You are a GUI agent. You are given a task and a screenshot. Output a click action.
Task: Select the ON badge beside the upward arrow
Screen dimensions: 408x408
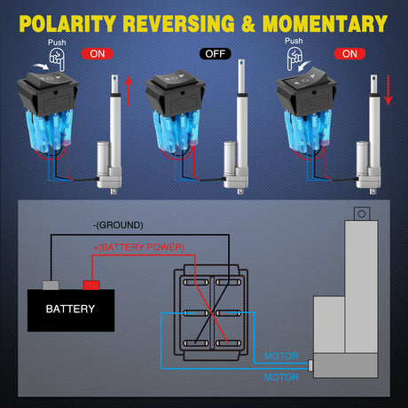pyautogui.click(x=97, y=53)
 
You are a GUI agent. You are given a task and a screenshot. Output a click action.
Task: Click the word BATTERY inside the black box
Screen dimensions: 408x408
pyautogui.click(x=71, y=310)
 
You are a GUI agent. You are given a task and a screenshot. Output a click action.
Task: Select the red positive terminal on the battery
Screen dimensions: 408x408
pyautogui.click(x=90, y=285)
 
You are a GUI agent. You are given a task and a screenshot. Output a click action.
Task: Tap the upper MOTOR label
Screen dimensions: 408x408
pyautogui.click(x=282, y=357)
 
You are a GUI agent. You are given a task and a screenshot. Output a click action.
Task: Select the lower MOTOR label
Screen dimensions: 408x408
pyautogui.click(x=282, y=377)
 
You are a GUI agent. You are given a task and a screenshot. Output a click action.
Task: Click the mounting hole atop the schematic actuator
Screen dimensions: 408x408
pyautogui.click(x=360, y=213)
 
